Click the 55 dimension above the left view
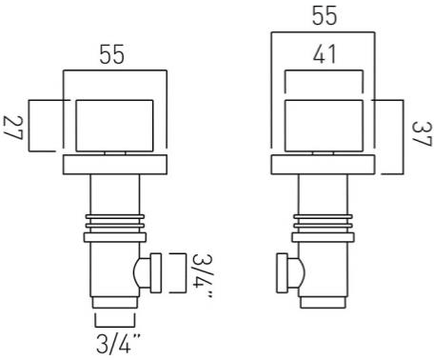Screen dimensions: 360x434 pos(113,55)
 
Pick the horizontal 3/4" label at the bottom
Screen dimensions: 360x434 pos(116,342)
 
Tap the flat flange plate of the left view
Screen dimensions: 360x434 pos(113,166)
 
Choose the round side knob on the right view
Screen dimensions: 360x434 pos(295,274)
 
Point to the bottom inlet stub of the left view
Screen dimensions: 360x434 pos(114,315)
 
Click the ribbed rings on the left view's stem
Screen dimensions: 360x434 pos(113,226)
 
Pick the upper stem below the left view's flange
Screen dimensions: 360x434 pos(113,194)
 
